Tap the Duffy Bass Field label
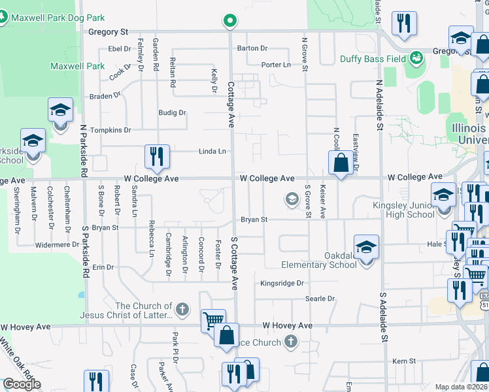(x=373, y=59)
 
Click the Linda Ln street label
(x=212, y=152)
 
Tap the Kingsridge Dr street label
(x=282, y=284)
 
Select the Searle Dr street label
(x=320, y=299)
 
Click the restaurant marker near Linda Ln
(x=157, y=156)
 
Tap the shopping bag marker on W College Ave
(x=341, y=163)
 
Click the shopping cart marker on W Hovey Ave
(x=213, y=321)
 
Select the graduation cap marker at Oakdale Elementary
(x=367, y=247)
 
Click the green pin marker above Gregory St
(x=229, y=21)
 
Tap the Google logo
(x=22, y=384)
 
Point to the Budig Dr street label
(x=173, y=112)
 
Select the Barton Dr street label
(x=252, y=48)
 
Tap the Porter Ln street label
(x=276, y=65)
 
